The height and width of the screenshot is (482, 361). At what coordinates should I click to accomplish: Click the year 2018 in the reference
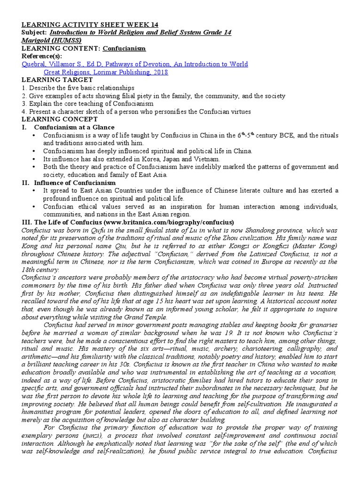point(159,72)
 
